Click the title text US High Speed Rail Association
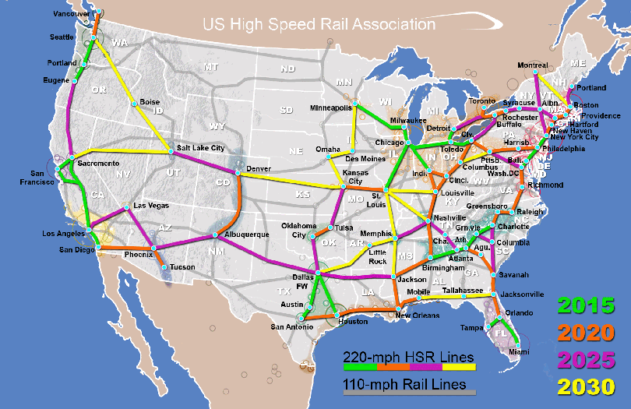pyautogui.click(x=319, y=24)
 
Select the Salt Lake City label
pyautogui.click(x=200, y=147)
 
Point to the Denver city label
pyautogui.click(x=258, y=168)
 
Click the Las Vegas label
pyautogui.click(x=150, y=206)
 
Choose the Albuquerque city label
pyautogui.click(x=247, y=234)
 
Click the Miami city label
pyautogui.click(x=507, y=351)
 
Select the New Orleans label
pyautogui.click(x=413, y=316)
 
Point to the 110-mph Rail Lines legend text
pyautogui.click(x=404, y=384)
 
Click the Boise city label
pyautogui.click(x=150, y=102)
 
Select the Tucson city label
pyautogui.click(x=182, y=267)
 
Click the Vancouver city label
pyautogui.click(x=72, y=14)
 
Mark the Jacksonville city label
pyautogui.click(x=522, y=294)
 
